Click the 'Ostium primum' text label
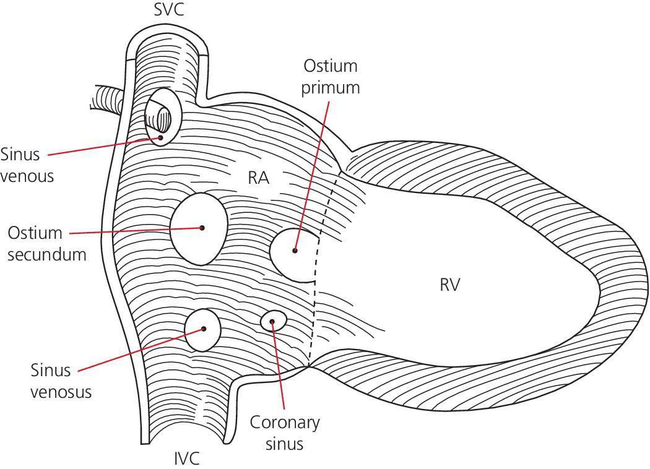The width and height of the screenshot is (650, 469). tap(330, 76)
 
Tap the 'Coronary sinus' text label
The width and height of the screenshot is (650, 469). tap(285, 433)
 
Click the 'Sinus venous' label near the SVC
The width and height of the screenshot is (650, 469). tap(27, 165)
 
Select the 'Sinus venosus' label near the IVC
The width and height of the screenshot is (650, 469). tap(61, 381)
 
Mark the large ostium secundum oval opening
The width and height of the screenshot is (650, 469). tap(198, 228)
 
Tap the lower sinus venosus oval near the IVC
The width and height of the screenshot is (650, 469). tap(203, 330)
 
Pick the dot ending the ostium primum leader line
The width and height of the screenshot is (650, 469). tap(295, 251)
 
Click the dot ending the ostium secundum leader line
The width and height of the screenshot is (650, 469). tap(202, 228)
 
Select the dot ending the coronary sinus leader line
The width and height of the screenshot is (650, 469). tap(271, 321)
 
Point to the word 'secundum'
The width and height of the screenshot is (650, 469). tap(47, 253)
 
